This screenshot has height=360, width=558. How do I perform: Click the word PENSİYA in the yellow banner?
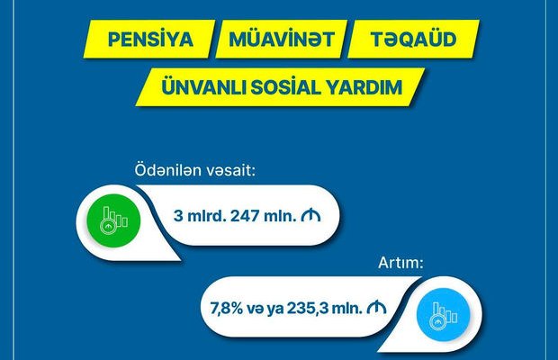coord(150,39)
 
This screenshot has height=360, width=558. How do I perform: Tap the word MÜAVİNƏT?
coord(282,39)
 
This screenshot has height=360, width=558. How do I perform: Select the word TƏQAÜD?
coord(413,39)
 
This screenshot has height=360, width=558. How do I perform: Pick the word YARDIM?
coord(364,87)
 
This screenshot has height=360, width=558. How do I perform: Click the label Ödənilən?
coord(168,170)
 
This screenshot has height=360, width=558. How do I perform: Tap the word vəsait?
coord(231,170)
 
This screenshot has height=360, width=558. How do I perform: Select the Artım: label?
coord(400,263)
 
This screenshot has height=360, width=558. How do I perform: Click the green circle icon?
coord(114,220)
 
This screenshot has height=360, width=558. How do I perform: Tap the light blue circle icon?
coord(444,314)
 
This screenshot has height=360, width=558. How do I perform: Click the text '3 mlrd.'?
coord(200,216)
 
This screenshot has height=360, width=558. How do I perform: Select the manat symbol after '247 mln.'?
coord(310,215)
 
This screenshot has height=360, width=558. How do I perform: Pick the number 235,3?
coord(308,308)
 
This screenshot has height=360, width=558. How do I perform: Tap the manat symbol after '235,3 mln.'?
coord(376,308)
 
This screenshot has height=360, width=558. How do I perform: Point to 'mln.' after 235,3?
coord(347,308)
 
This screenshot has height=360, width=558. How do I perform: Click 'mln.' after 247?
coord(280,216)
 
